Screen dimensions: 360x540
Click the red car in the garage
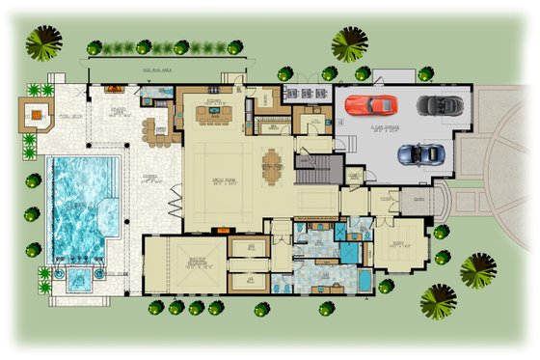(x=369, y=103)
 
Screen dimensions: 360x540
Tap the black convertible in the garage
(x=440, y=105)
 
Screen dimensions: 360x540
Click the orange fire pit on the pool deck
(x=38, y=117)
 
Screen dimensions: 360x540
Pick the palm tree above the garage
(x=349, y=43)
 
